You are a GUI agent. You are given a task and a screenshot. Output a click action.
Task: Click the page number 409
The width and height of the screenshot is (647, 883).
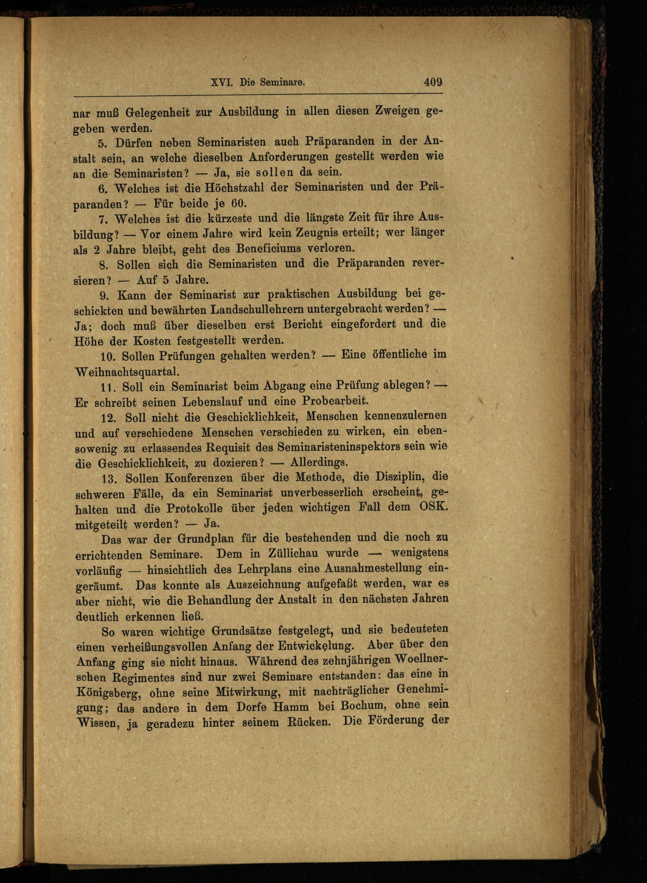point(433,82)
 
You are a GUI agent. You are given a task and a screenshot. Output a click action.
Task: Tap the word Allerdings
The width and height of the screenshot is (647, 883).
point(319,462)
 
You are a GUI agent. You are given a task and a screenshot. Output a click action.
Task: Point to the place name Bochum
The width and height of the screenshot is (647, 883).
point(365,706)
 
